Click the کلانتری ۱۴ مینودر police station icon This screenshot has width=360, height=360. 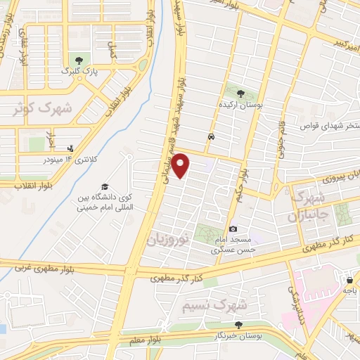tap(70, 148)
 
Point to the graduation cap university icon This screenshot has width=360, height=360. tap(105, 186)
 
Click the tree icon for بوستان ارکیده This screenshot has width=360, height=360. tap(240, 93)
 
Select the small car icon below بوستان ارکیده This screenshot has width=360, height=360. tap(211, 136)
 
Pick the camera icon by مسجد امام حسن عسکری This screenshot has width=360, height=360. tap(233, 229)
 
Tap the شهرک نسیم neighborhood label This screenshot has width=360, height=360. tap(214, 306)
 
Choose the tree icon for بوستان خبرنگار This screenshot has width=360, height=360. tap(238, 325)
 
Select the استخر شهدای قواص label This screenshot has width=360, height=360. tap(329, 127)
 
